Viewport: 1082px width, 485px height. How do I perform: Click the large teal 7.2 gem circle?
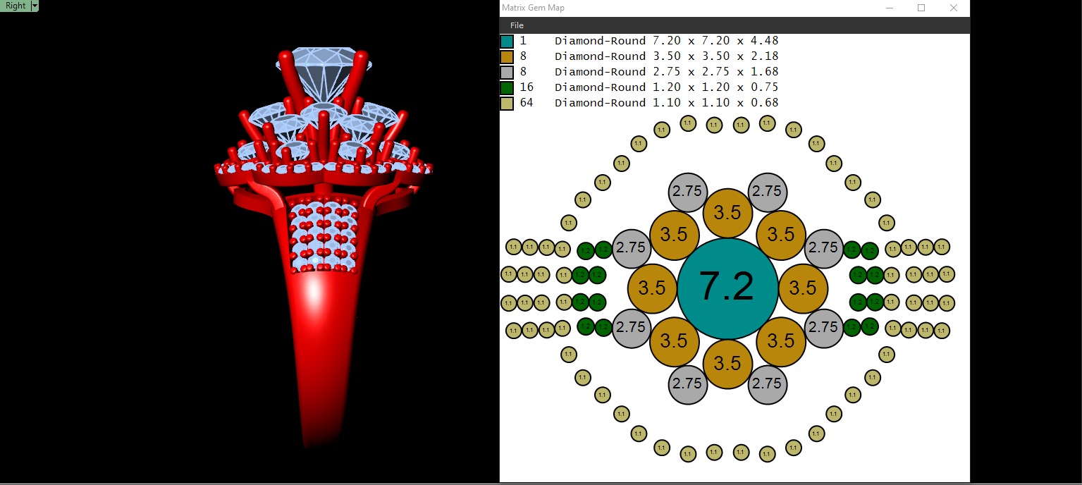[x=727, y=288]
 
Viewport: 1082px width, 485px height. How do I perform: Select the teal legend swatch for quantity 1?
[x=506, y=41]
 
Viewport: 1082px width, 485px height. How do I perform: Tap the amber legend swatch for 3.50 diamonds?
[x=506, y=56]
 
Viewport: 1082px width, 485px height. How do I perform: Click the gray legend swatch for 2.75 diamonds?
[x=506, y=72]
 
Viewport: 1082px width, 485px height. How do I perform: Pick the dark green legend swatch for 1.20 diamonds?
[x=506, y=87]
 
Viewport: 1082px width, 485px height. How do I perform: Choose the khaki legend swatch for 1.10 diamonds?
[x=506, y=103]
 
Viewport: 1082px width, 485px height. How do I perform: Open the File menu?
[x=517, y=25]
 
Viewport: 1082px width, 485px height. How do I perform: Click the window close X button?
[x=953, y=8]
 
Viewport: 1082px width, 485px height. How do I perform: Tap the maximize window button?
[x=921, y=8]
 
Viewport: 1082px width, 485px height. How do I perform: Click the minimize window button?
[x=889, y=8]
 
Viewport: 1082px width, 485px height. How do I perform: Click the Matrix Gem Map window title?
[x=533, y=8]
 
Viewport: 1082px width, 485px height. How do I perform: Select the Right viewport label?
[x=16, y=6]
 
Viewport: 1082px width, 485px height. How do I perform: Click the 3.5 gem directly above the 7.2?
[x=727, y=213]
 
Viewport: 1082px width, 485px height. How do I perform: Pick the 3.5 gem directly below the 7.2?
[x=727, y=364]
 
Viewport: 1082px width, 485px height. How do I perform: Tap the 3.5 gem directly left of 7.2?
[x=652, y=288]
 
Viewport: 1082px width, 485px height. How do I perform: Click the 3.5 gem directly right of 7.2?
[x=803, y=288]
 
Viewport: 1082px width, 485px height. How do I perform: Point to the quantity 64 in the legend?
[x=527, y=103]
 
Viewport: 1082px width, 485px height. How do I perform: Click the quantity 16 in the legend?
[x=527, y=87]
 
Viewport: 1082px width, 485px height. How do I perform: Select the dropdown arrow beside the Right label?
[x=35, y=6]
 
